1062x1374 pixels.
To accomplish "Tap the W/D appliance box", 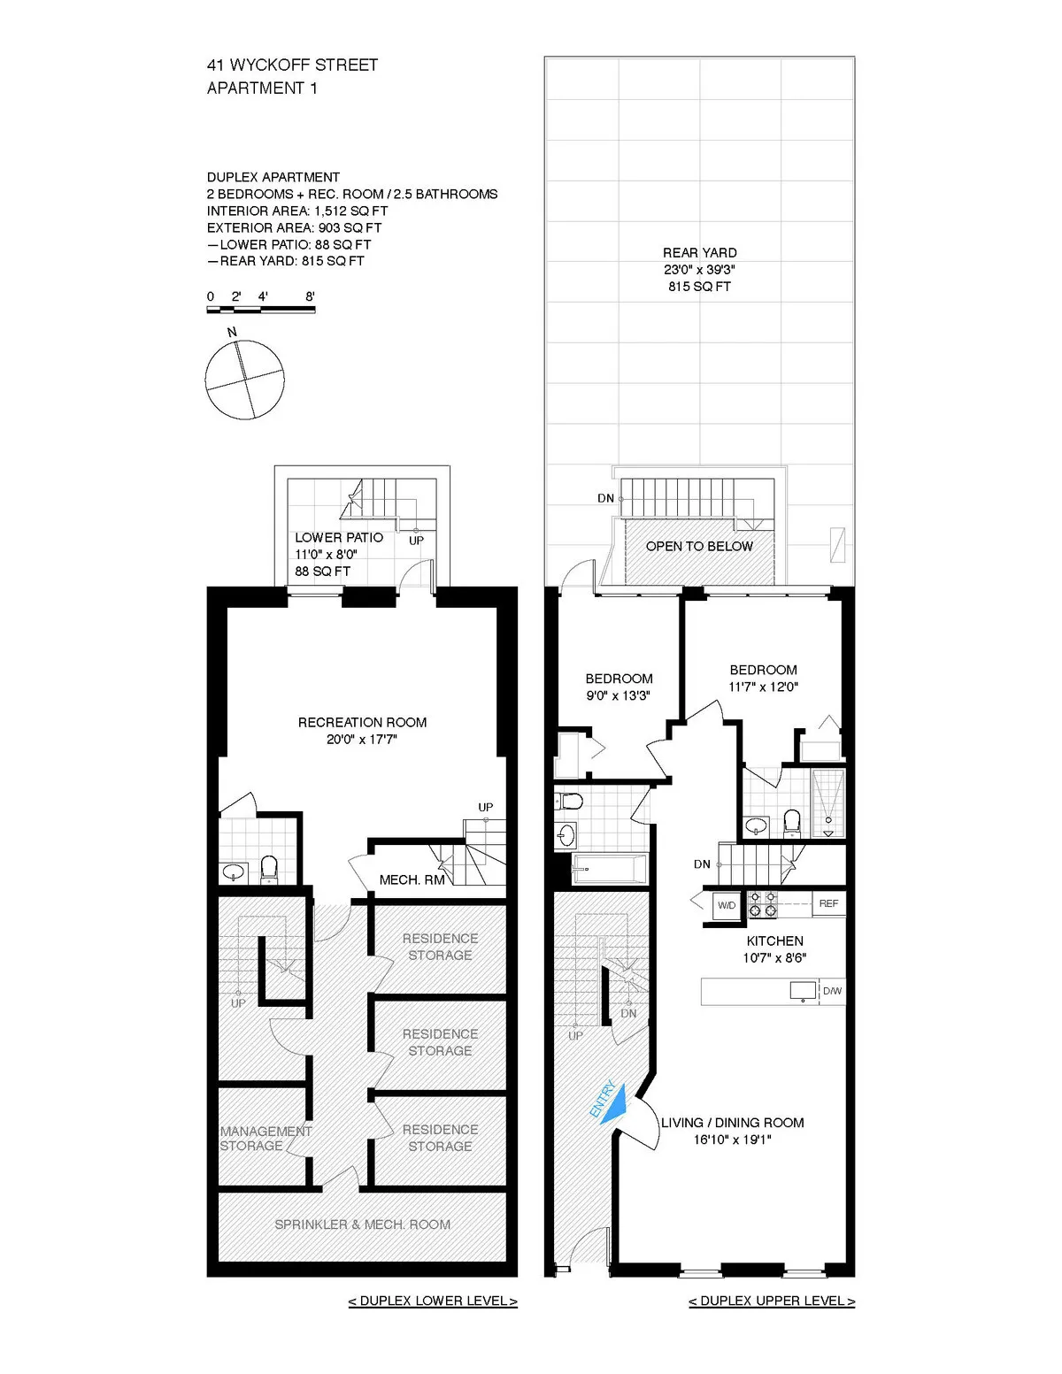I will (x=727, y=905).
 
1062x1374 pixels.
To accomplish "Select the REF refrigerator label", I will (x=828, y=903).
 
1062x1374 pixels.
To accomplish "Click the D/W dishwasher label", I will (x=832, y=991).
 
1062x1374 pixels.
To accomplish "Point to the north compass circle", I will (x=245, y=380).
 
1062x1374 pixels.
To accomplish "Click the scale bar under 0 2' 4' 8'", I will (x=260, y=310).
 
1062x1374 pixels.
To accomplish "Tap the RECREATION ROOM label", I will (x=362, y=723).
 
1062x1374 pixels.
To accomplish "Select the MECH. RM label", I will (x=412, y=880).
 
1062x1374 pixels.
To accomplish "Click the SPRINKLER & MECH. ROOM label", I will (x=362, y=1224).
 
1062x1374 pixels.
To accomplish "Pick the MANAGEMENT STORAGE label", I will (x=265, y=1138).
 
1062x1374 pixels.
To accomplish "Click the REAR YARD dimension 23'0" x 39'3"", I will (x=699, y=270).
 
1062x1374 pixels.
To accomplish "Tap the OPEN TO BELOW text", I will (x=699, y=547).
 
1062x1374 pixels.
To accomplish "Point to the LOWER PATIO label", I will (x=339, y=538).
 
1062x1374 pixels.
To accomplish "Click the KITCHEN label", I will (x=774, y=941).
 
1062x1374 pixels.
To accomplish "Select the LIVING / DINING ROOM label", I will (x=733, y=1123).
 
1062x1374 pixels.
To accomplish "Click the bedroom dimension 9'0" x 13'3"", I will (x=619, y=695).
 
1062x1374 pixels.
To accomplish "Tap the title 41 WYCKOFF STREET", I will (x=292, y=65).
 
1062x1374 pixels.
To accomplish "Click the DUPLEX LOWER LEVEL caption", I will (x=433, y=1301).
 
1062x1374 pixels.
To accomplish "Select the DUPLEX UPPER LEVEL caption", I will (x=772, y=1301).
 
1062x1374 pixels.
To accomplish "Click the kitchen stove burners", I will (x=763, y=903).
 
